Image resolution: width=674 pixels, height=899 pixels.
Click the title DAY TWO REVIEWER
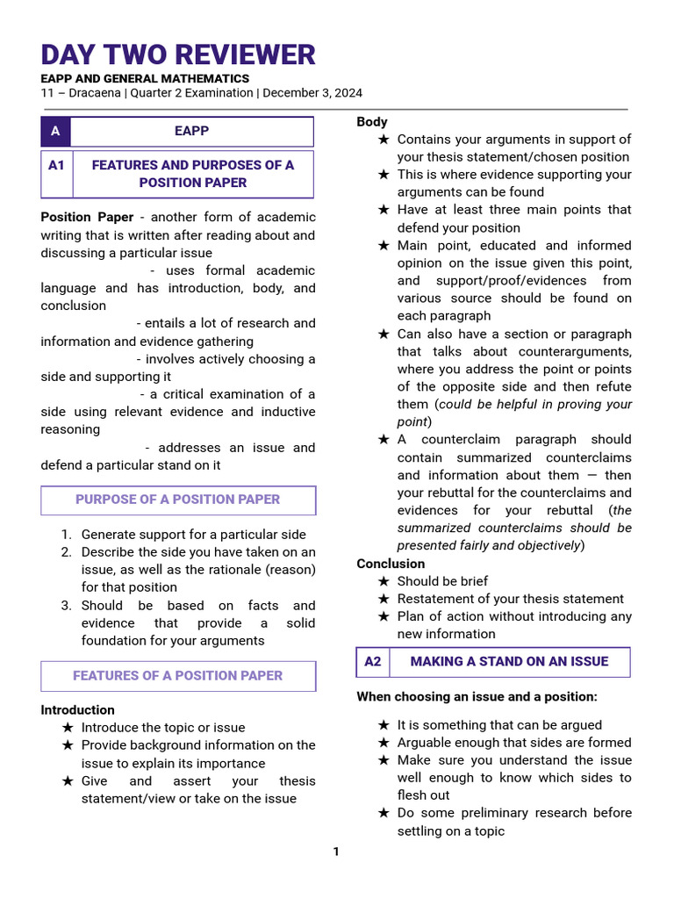[177, 54]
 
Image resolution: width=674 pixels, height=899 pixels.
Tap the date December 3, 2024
[312, 93]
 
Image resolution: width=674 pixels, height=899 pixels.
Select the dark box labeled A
[55, 132]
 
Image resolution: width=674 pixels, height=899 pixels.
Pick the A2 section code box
[373, 662]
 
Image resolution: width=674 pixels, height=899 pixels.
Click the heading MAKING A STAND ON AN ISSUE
[509, 662]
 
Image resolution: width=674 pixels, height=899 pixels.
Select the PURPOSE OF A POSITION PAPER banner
[177, 500]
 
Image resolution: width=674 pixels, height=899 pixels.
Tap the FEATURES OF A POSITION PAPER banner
[177, 676]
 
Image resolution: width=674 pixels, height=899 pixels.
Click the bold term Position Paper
[87, 217]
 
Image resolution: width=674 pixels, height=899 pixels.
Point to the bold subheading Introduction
[77, 710]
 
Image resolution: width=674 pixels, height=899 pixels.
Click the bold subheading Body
[372, 122]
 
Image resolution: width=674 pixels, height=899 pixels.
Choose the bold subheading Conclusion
[391, 564]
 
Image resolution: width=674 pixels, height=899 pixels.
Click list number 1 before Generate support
[66, 535]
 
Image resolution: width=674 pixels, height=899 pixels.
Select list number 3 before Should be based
[66, 606]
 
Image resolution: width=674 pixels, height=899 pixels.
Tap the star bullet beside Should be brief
[384, 581]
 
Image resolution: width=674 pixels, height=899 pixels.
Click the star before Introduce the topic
[68, 728]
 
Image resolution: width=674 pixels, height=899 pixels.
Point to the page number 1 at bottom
[335, 852]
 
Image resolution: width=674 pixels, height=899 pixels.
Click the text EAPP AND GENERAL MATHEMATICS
[145, 79]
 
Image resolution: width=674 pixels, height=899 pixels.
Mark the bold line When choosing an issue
[477, 697]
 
